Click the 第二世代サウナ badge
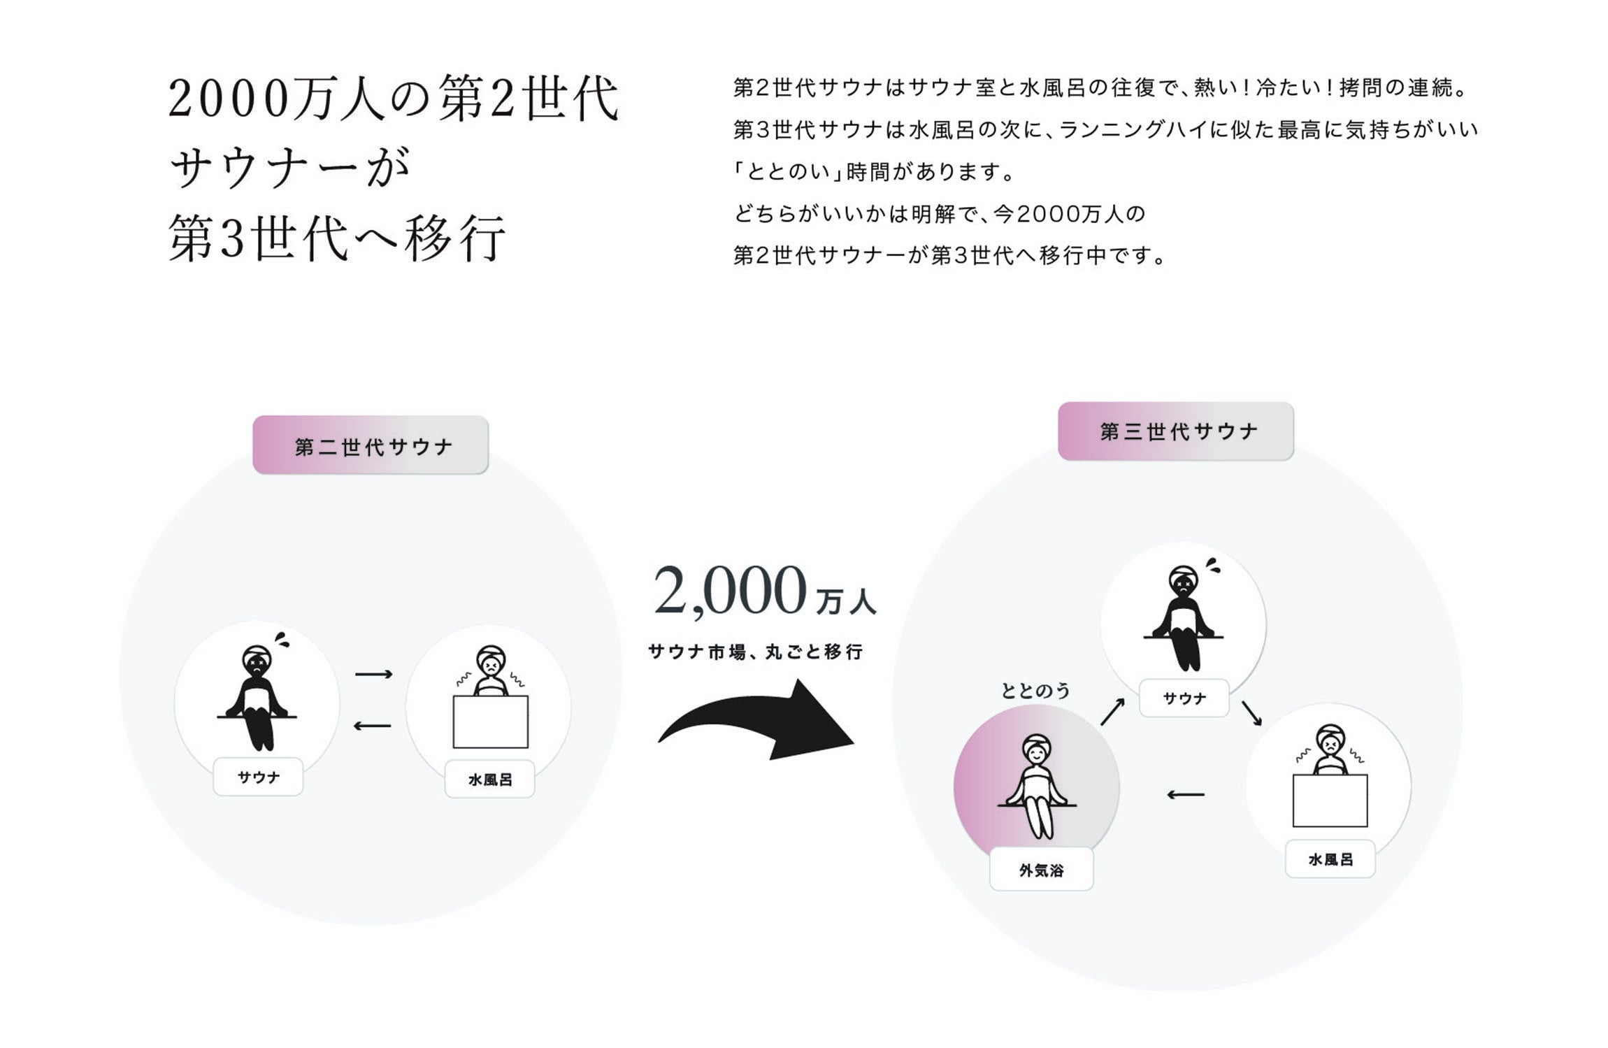pyautogui.click(x=370, y=445)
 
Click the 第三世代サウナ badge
pyautogui.click(x=1175, y=431)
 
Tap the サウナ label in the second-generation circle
pyautogui.click(x=258, y=777)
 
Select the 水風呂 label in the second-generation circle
pyautogui.click(x=489, y=780)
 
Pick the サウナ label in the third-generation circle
pyautogui.click(x=1184, y=698)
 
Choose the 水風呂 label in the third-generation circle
pyautogui.click(x=1330, y=859)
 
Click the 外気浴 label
pyautogui.click(x=1041, y=870)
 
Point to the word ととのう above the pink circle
pyautogui.click(x=1035, y=691)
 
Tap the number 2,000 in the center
pyautogui.click(x=730, y=591)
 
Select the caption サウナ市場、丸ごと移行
pyautogui.click(x=755, y=652)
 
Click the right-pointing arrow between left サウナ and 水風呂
pyautogui.click(x=373, y=674)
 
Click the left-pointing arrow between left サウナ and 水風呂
pyautogui.click(x=372, y=726)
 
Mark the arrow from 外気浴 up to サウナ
pyautogui.click(x=1112, y=712)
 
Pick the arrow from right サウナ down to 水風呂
pyautogui.click(x=1251, y=713)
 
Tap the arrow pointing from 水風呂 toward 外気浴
pyautogui.click(x=1186, y=794)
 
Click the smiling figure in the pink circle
pyautogui.click(x=1037, y=787)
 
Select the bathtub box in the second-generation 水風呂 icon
pyautogui.click(x=490, y=722)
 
